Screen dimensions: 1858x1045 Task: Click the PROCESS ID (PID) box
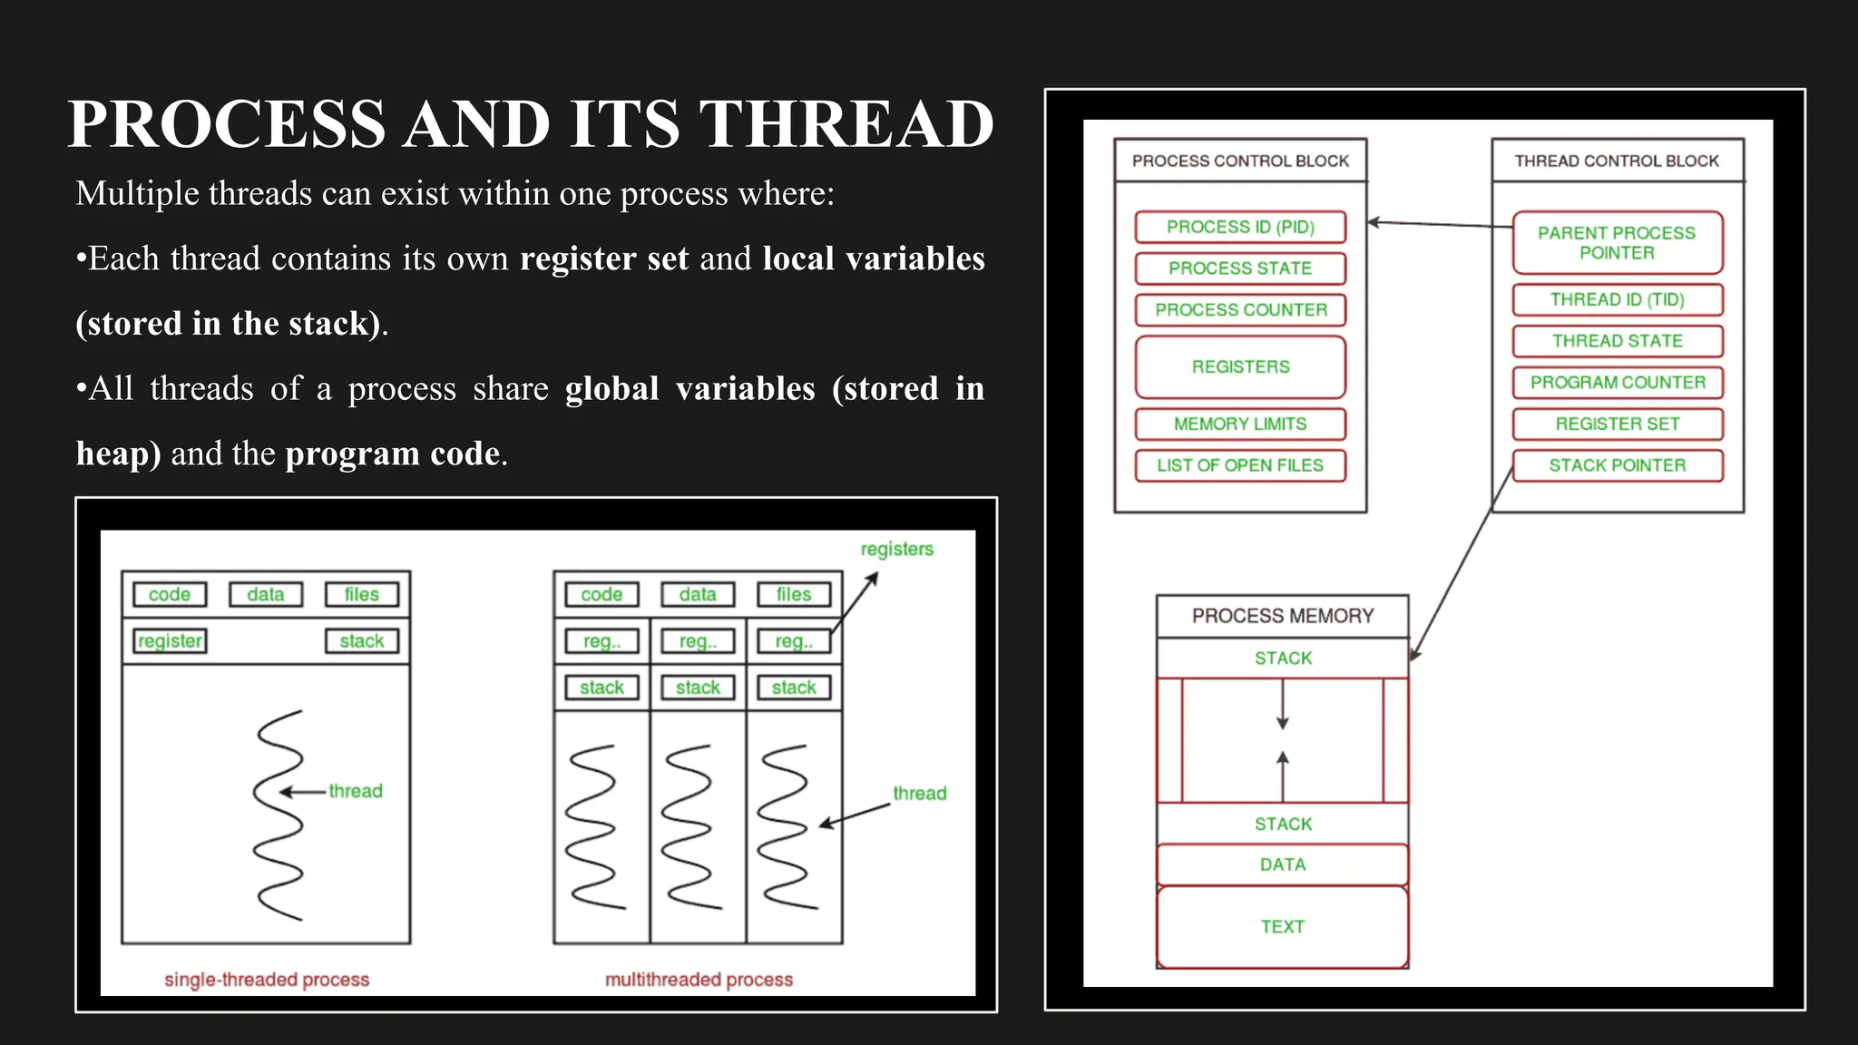tap(1240, 227)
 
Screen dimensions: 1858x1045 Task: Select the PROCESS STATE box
tap(1240, 269)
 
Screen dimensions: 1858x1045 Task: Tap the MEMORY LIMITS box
tap(1240, 424)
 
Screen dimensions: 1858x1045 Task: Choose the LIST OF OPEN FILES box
tap(1240, 465)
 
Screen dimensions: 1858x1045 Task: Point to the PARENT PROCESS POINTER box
tap(1617, 243)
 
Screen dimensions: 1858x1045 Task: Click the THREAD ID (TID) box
tap(1617, 299)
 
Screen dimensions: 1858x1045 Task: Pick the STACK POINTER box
tap(1617, 465)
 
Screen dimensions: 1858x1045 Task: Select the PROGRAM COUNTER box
tap(1617, 382)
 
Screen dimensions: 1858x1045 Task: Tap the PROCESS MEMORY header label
tap(1283, 616)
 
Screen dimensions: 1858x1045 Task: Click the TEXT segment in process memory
tap(1283, 926)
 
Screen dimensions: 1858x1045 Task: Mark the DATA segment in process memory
tap(1283, 864)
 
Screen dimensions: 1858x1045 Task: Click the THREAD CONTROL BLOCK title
tap(1617, 161)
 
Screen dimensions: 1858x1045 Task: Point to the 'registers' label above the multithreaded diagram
tap(896, 549)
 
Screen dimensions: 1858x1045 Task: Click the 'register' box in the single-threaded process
tap(170, 641)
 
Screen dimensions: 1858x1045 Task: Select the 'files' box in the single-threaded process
tap(361, 594)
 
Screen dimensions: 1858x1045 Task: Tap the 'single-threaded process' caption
tap(267, 980)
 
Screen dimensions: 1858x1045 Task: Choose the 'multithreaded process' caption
tap(699, 980)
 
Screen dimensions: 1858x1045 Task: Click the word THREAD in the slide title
tap(846, 124)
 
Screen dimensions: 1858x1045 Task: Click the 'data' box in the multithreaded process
tap(698, 594)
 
